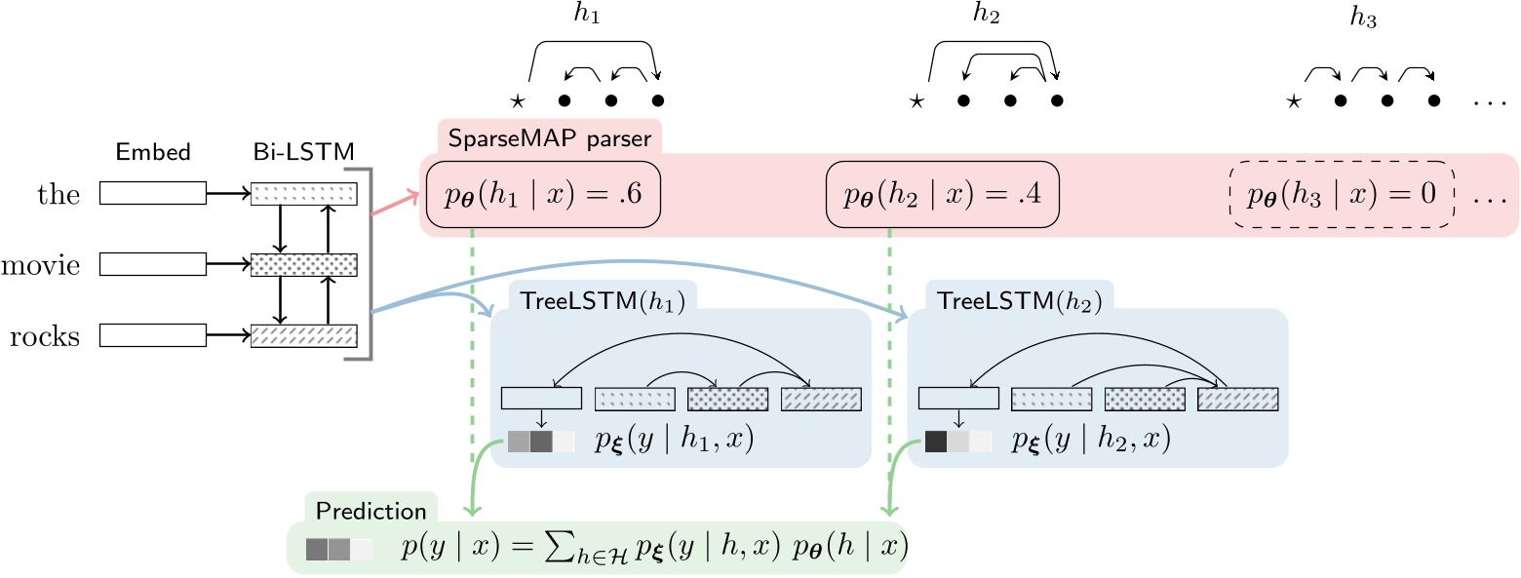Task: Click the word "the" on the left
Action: [58, 194]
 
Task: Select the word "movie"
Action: [41, 265]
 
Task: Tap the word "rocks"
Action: [45, 336]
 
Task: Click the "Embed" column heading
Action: [153, 152]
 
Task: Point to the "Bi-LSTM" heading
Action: [303, 152]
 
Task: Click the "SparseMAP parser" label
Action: [549, 138]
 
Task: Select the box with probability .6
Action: [543, 194]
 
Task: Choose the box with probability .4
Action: [943, 194]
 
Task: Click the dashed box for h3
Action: [1342, 194]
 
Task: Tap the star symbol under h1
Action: [518, 102]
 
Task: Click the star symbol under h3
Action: [1294, 102]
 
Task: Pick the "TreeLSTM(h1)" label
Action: [603, 301]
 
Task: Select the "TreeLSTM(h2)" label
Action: [1020, 301]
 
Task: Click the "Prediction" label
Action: [370, 511]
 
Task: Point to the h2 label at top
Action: [987, 13]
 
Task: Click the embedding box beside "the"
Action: [153, 193]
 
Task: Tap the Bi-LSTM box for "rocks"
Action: [304, 336]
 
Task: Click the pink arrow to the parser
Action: [395, 204]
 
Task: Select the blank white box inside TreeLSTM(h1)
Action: [541, 398]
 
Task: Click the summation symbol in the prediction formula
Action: [558, 547]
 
